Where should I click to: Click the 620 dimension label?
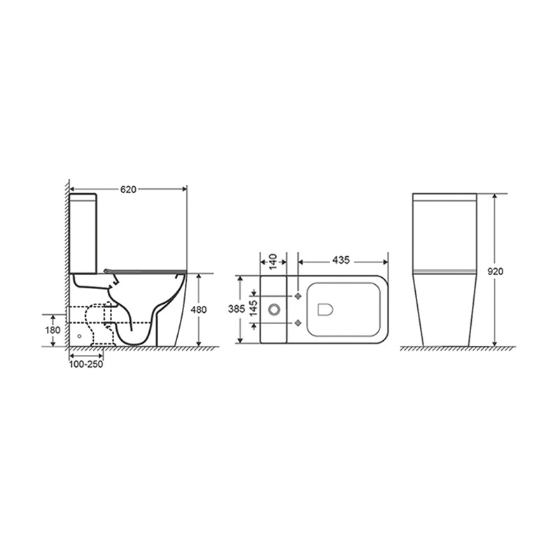coord(128,190)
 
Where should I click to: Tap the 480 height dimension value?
coord(198,309)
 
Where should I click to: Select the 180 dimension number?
coord(52,330)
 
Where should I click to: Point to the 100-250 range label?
coord(85,364)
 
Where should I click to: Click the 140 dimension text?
coord(273,262)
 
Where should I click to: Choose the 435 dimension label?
coord(341,260)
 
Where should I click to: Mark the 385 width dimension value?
coord(237,309)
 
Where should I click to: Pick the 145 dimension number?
coord(253,309)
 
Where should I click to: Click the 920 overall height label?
coord(496,272)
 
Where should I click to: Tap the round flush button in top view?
coord(274,309)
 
